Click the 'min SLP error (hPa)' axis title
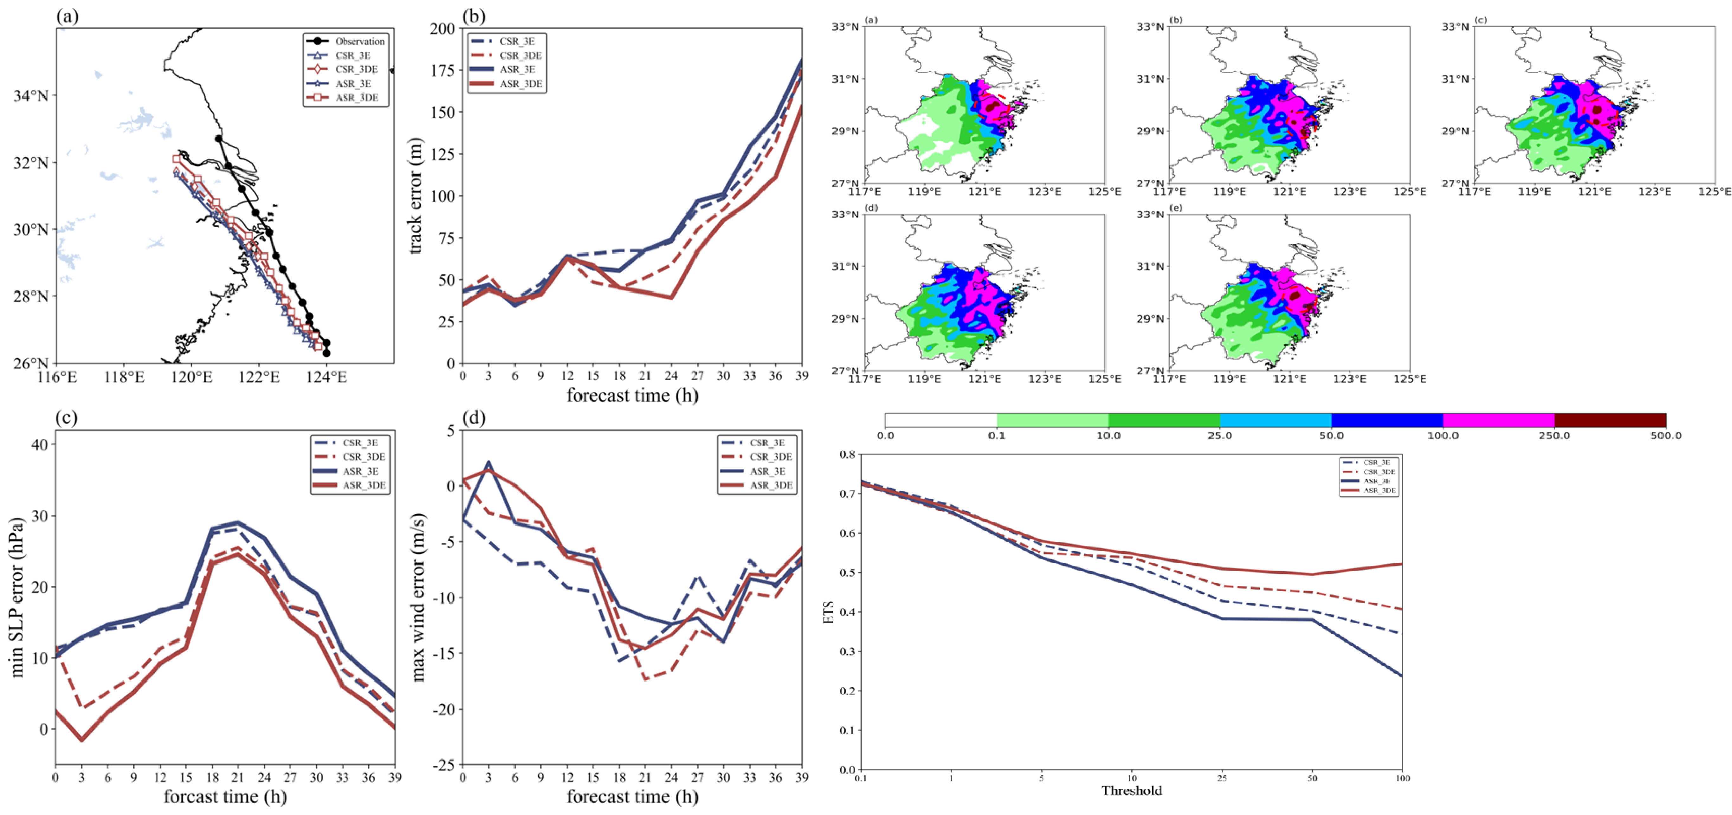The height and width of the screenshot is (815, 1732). coord(17,597)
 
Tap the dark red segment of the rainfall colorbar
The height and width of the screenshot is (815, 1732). coord(1610,420)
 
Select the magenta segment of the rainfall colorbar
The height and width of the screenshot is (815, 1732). coord(1499,420)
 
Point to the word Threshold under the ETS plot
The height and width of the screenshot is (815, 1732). coord(1132,791)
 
